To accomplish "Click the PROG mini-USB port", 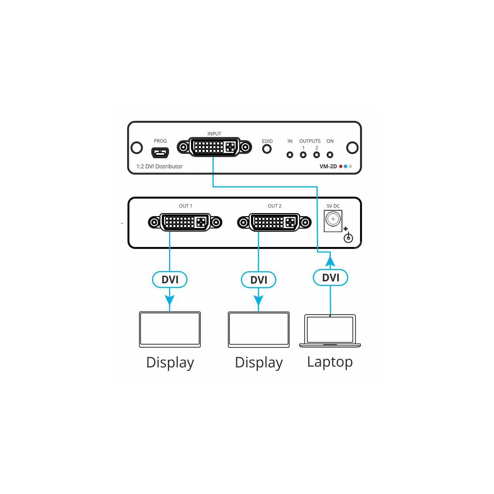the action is (x=160, y=153).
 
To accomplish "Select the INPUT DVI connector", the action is (x=214, y=147).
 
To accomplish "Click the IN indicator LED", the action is (x=290, y=155).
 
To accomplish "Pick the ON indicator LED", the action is (x=330, y=155).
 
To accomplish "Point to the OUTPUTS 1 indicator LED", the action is (x=303, y=155).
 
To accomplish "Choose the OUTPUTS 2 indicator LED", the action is (x=316, y=155).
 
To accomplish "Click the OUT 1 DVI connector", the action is (x=185, y=222).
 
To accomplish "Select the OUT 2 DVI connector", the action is (x=274, y=222).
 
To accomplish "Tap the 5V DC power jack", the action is (x=333, y=221).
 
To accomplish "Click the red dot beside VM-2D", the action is (x=341, y=166).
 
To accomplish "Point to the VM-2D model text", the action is (x=328, y=166).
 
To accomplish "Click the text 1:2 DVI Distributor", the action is (x=159, y=166).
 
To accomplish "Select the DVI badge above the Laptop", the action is (x=330, y=277).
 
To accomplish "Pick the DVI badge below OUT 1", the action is (x=170, y=279).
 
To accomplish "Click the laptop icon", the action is (x=330, y=331).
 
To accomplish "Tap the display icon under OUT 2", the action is (x=259, y=330).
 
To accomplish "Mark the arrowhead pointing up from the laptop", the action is (x=330, y=261).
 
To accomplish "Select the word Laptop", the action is (x=330, y=362).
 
